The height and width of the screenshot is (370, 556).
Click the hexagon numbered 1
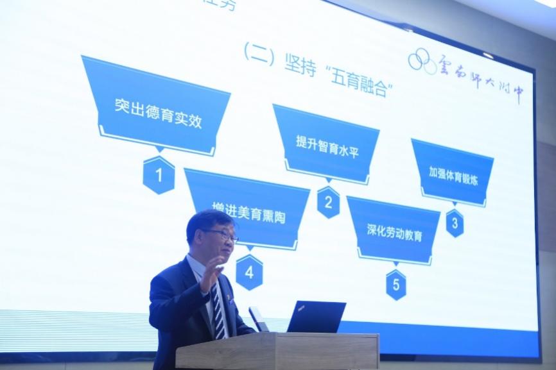(159, 174)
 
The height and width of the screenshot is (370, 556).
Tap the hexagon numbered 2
(328, 202)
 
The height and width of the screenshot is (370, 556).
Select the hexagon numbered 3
(455, 223)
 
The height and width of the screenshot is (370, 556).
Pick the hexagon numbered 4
(249, 272)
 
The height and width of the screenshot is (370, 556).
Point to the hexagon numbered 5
(395, 284)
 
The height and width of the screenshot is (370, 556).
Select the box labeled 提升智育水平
(326, 142)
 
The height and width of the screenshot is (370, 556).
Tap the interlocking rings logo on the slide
(422, 61)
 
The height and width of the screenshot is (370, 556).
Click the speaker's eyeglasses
(222, 236)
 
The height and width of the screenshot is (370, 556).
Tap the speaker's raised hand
(212, 273)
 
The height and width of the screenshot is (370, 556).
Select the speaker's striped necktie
(219, 314)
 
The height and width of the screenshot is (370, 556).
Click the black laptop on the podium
(316, 317)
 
